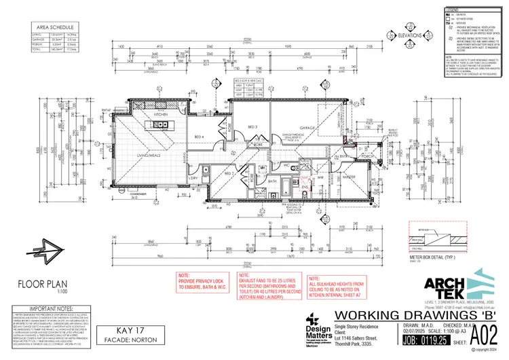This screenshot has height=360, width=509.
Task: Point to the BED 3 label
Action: point(252,127)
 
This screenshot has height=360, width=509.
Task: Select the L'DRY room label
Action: point(192,178)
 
